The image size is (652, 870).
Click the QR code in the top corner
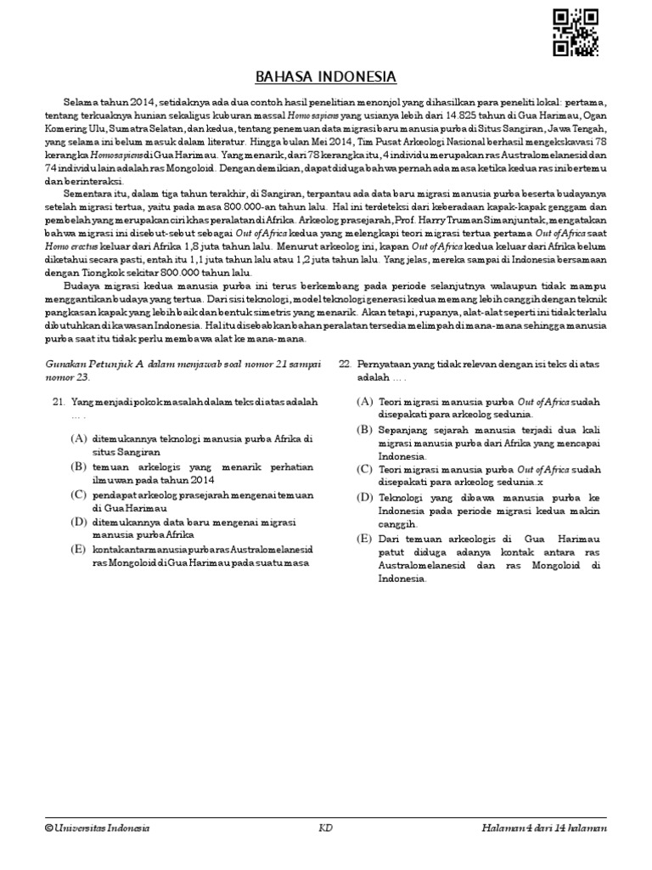pyautogui.click(x=575, y=32)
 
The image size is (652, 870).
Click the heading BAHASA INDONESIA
pyautogui.click(x=326, y=76)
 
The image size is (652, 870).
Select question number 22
pyautogui.click(x=345, y=364)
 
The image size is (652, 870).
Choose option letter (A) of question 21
pyautogui.click(x=79, y=438)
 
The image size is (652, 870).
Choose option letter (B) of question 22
pyautogui.click(x=364, y=430)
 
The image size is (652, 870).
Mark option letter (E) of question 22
pyautogui.click(x=364, y=540)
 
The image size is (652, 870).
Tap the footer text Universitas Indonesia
pyautogui.click(x=102, y=828)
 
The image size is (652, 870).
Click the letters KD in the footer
pyautogui.click(x=325, y=828)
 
